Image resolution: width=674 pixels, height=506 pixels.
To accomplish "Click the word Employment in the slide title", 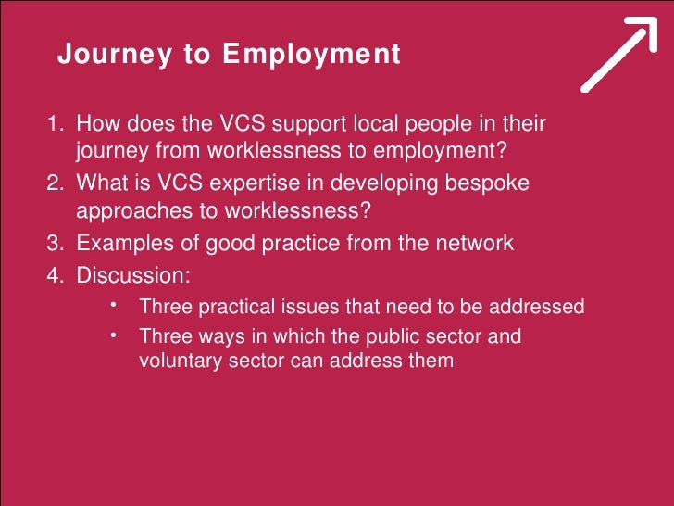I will click(x=311, y=56).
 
